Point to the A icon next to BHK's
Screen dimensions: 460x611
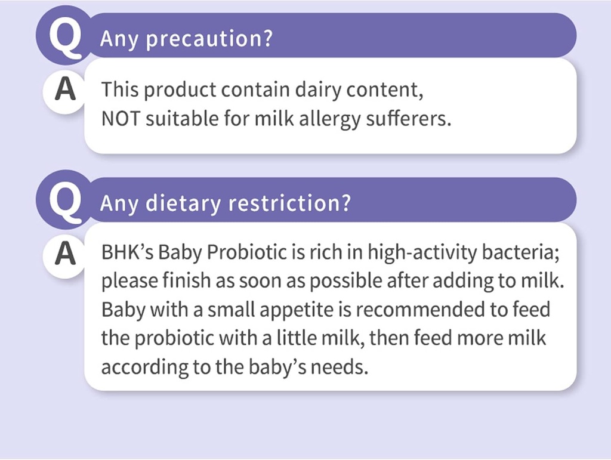pyautogui.click(x=65, y=254)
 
